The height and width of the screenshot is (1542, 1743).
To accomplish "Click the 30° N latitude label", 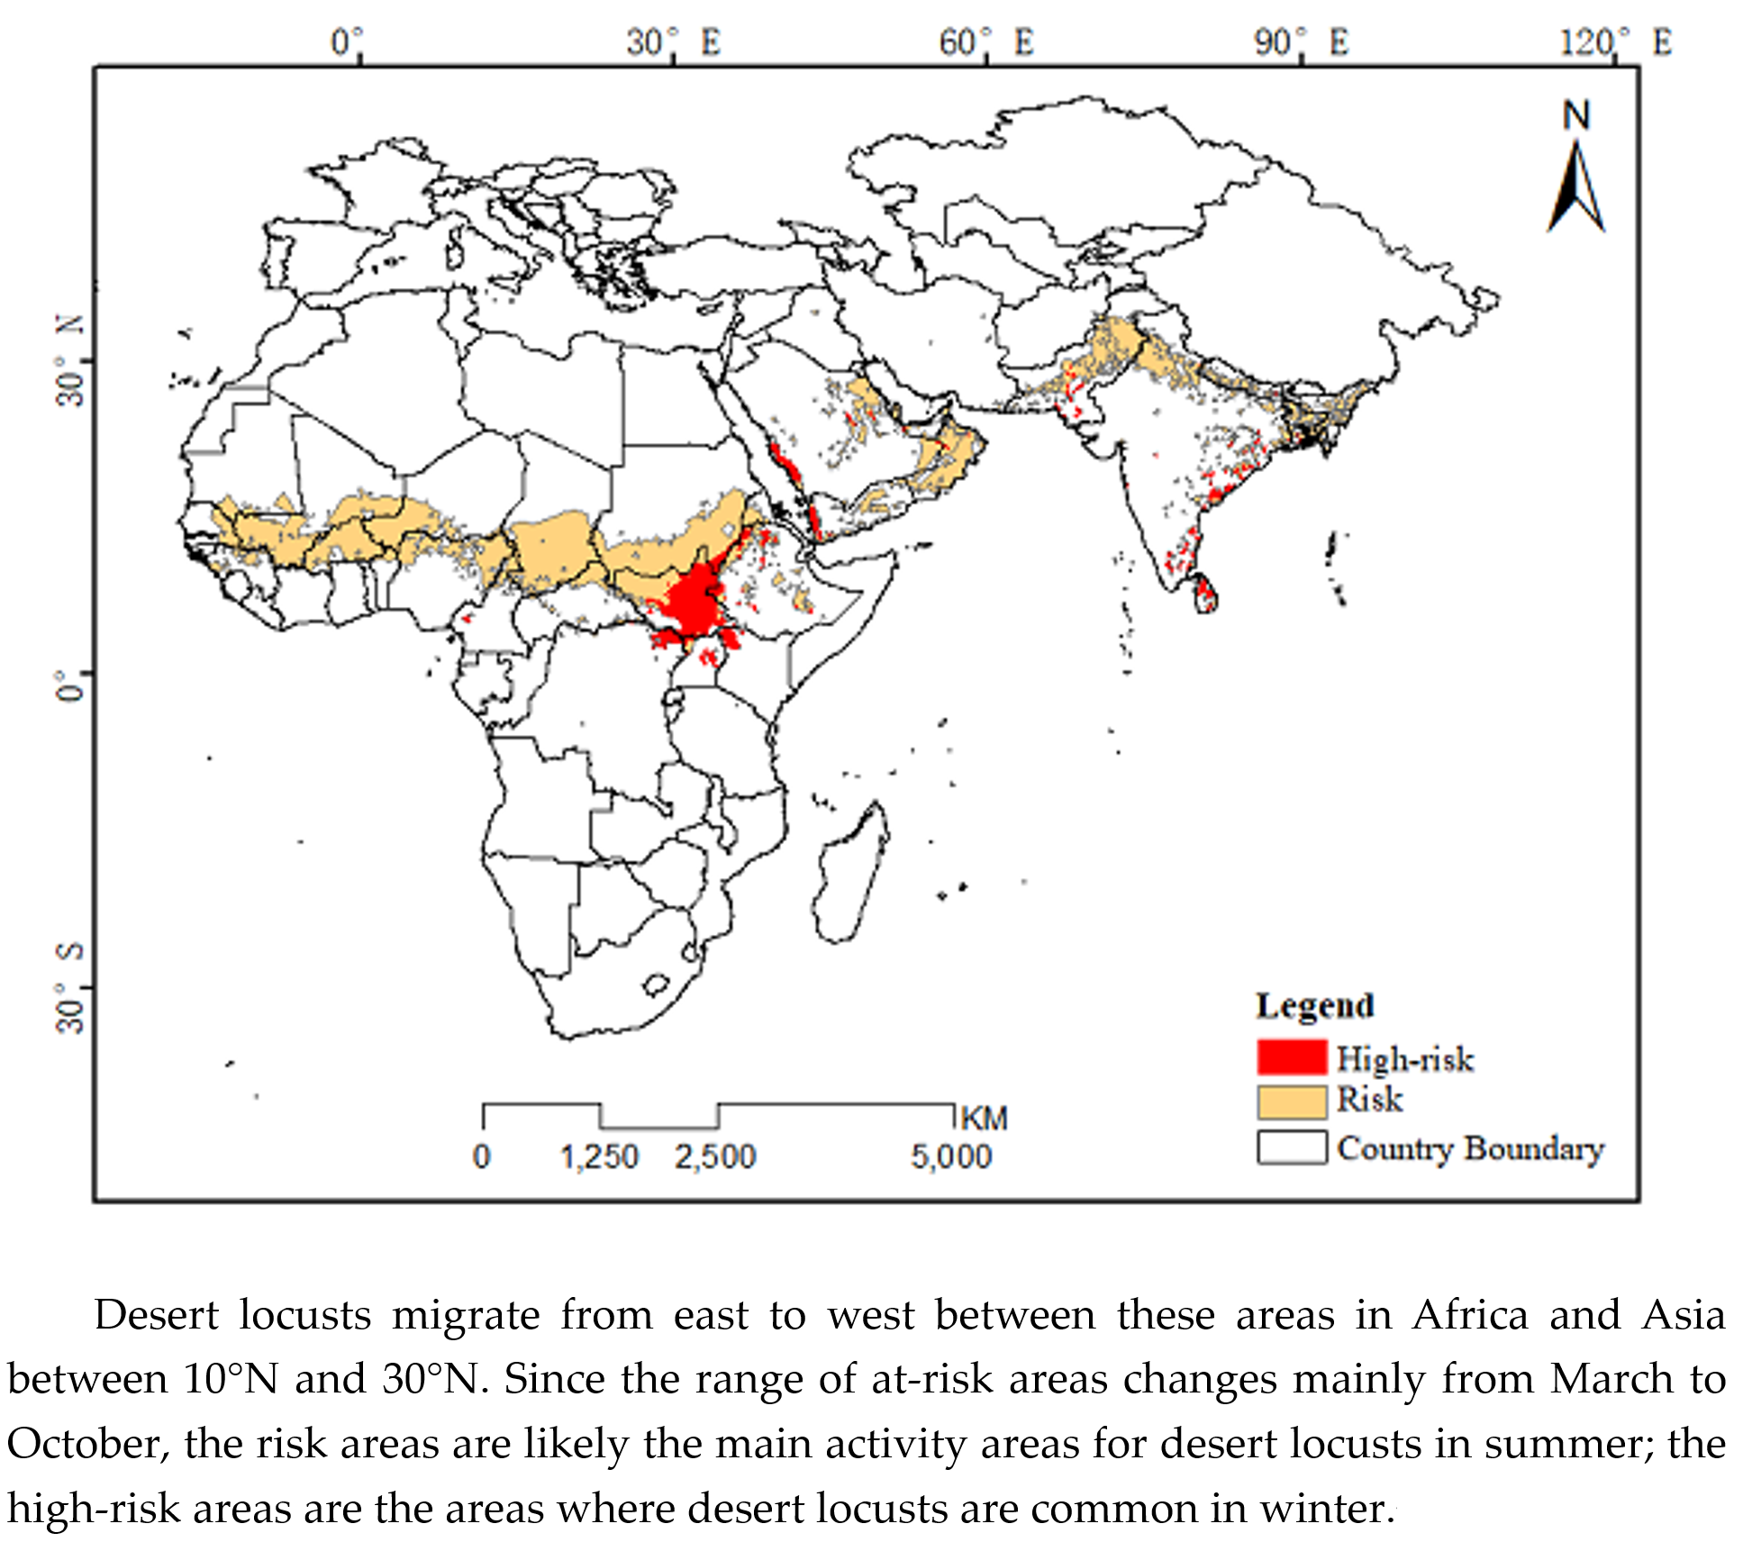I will click(70, 360).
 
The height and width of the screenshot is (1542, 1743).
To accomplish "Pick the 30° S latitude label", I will click(70, 988).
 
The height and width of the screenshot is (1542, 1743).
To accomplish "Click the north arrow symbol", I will click(1575, 180).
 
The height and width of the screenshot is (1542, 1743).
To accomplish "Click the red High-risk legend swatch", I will click(1292, 1057).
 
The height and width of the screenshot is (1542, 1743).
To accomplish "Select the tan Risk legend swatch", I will click(1292, 1101).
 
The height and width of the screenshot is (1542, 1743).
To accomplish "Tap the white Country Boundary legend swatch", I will click(1292, 1147).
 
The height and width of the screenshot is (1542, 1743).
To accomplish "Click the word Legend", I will click(1314, 1005).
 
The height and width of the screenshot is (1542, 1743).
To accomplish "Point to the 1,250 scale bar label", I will click(599, 1156).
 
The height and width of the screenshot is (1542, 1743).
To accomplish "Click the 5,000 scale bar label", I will click(950, 1156).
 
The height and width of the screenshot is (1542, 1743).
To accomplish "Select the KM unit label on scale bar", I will click(984, 1119).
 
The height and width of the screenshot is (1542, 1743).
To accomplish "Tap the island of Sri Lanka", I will click(1204, 594).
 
